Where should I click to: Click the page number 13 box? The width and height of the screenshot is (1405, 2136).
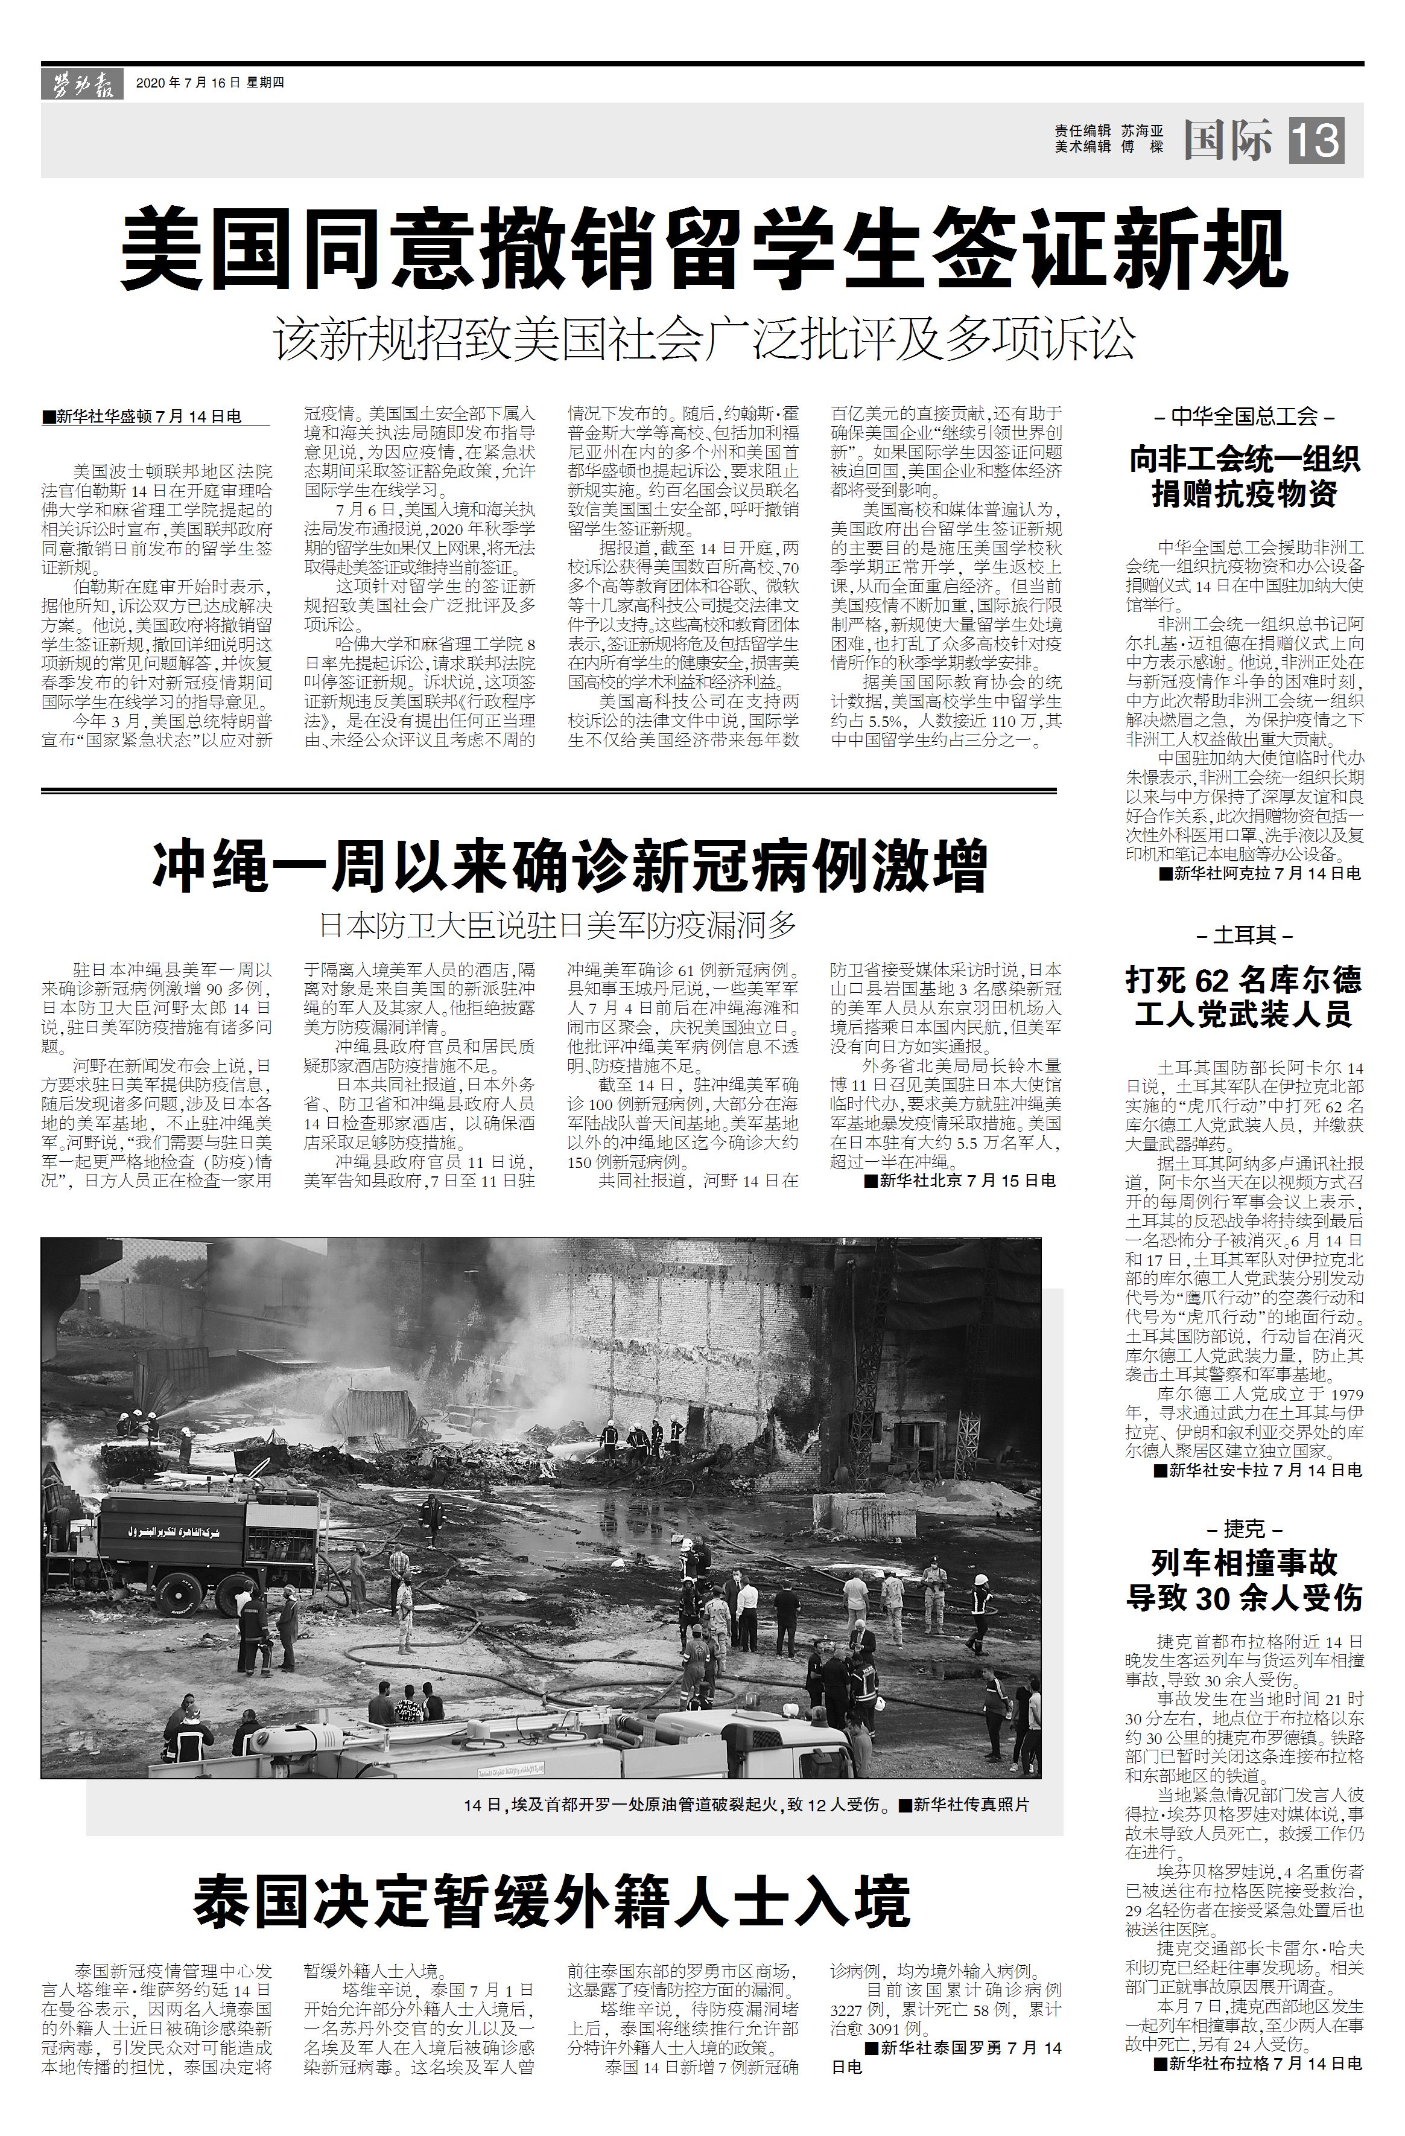1316,141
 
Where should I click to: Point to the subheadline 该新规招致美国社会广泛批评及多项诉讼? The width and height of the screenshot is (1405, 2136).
703,339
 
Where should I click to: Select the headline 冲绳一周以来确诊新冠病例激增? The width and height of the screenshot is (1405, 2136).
569,865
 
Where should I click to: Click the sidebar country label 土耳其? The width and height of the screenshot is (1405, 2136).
1245,935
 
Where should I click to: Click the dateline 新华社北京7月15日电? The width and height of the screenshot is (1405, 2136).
959,1180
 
